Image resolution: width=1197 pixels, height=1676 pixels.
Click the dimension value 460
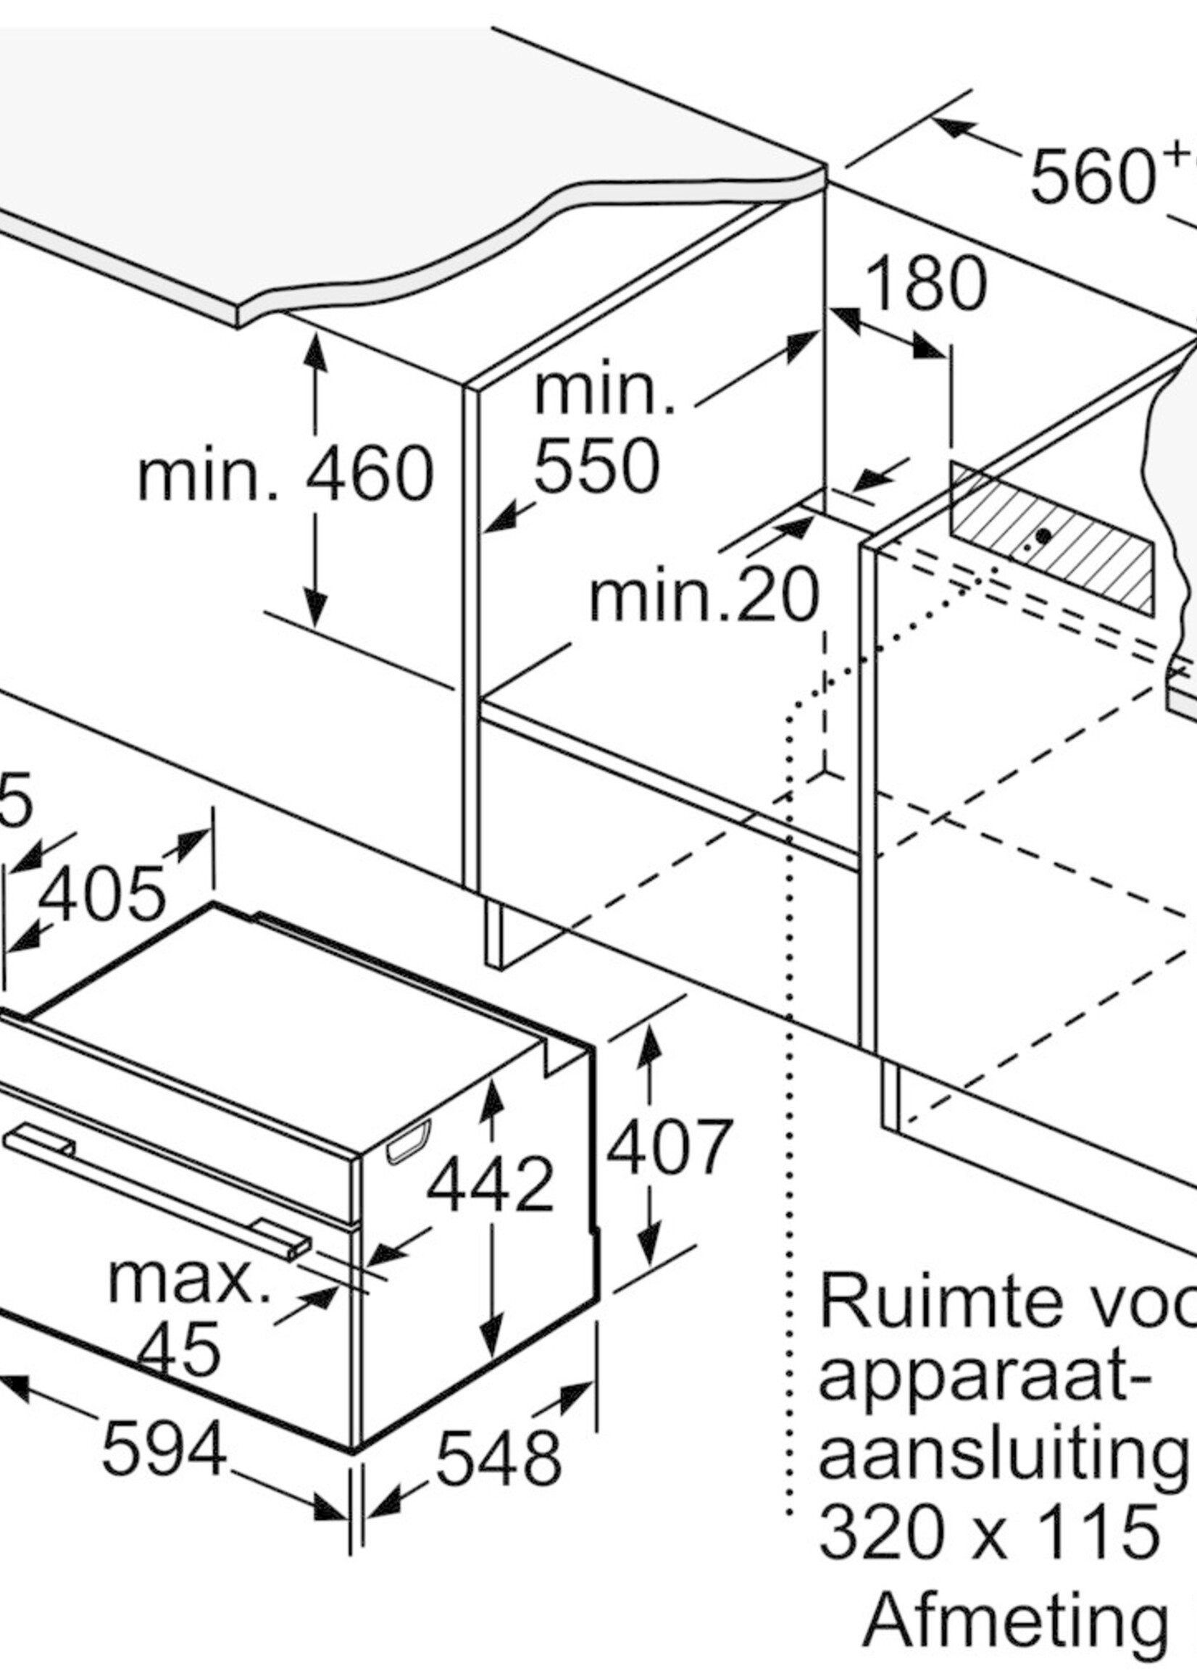pos(370,473)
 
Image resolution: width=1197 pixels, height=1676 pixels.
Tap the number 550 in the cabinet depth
pos(596,466)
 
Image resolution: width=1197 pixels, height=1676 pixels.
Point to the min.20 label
pos(704,595)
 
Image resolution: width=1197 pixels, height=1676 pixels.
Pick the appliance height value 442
pos(490,1184)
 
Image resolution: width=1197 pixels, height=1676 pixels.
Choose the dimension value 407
pos(670,1147)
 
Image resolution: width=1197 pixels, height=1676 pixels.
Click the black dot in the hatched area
pos(1043,536)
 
